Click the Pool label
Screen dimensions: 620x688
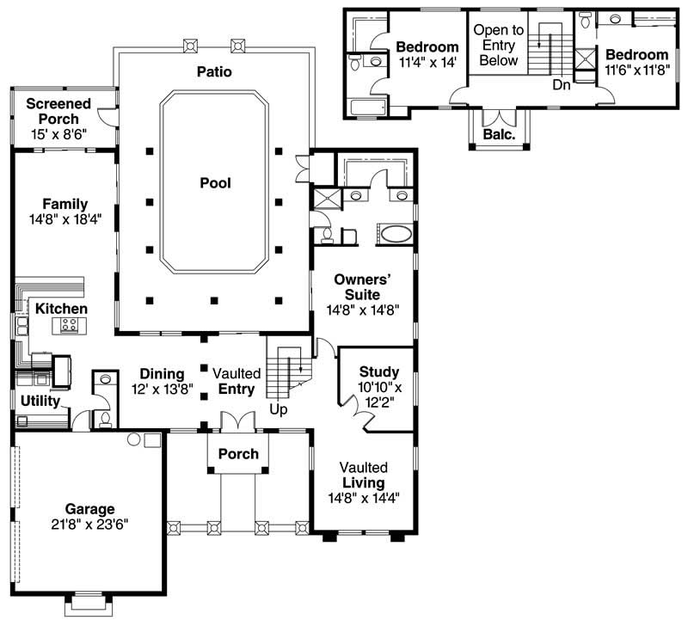(x=215, y=182)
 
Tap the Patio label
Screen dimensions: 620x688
(x=213, y=71)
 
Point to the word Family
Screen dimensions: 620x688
(x=64, y=204)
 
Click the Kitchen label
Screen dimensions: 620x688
(x=60, y=308)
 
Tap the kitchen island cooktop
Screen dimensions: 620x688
(x=68, y=326)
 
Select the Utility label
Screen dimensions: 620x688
(x=40, y=401)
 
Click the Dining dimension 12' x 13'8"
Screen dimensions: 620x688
(x=163, y=390)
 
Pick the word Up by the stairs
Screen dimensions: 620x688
(x=278, y=410)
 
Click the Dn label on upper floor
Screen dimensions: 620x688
(x=562, y=84)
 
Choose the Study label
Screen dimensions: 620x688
(x=378, y=371)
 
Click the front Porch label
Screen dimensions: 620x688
(x=239, y=453)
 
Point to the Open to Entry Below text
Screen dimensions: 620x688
(x=498, y=46)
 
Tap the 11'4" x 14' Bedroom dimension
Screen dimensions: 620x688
(x=427, y=62)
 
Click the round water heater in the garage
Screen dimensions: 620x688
(x=134, y=439)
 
